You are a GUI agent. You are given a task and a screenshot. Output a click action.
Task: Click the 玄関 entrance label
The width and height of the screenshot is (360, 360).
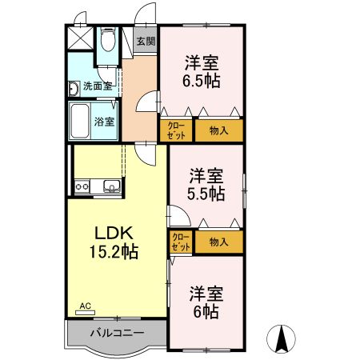coord(146,41)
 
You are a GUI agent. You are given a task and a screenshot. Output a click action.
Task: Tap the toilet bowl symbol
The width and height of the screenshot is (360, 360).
coord(108,39)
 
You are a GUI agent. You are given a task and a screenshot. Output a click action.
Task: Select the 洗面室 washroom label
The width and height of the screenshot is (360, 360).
coord(98,86)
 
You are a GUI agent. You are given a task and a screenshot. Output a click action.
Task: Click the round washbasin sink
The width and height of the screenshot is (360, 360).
coord(74,88)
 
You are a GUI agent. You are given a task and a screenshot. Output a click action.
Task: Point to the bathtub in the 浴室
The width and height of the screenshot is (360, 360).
coord(80,121)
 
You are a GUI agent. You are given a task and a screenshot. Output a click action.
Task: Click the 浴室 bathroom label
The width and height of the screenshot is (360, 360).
coord(104,122)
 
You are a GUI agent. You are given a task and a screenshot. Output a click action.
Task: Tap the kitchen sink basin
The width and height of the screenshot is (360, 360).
coord(112,186)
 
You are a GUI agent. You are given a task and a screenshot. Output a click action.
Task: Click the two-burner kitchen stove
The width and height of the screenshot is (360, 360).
coord(82,186)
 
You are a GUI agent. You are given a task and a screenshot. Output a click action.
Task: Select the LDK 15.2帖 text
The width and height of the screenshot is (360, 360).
coord(114,242)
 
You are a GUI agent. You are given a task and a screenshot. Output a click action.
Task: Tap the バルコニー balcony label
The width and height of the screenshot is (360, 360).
coord(118,333)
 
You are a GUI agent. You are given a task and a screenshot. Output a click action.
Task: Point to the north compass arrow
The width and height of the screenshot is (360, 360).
coord(281,338)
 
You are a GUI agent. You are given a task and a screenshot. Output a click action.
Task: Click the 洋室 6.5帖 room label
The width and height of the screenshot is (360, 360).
coord(202,71)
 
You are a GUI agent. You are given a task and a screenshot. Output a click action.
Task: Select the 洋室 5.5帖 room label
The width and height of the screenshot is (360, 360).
coord(206,184)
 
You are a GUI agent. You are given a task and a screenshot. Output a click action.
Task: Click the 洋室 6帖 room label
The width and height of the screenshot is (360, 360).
coord(206,302)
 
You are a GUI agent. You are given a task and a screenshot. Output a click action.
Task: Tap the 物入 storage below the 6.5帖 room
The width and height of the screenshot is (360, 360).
coord(219,130)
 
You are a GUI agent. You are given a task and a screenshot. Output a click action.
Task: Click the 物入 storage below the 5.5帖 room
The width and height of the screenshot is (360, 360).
coord(219,242)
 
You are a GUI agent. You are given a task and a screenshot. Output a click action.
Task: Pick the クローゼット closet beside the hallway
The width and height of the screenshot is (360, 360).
coord(176,130)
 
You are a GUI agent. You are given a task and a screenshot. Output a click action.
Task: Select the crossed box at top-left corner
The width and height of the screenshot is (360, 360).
coord(80,38)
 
